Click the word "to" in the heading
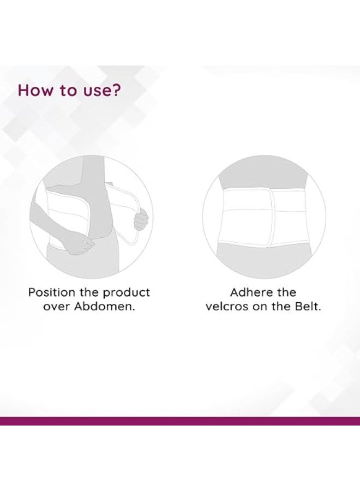click(x=68, y=90)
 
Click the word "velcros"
click(x=227, y=307)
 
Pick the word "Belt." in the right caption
click(x=307, y=307)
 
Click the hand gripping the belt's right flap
click(x=142, y=220)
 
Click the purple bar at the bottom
click(x=180, y=421)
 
